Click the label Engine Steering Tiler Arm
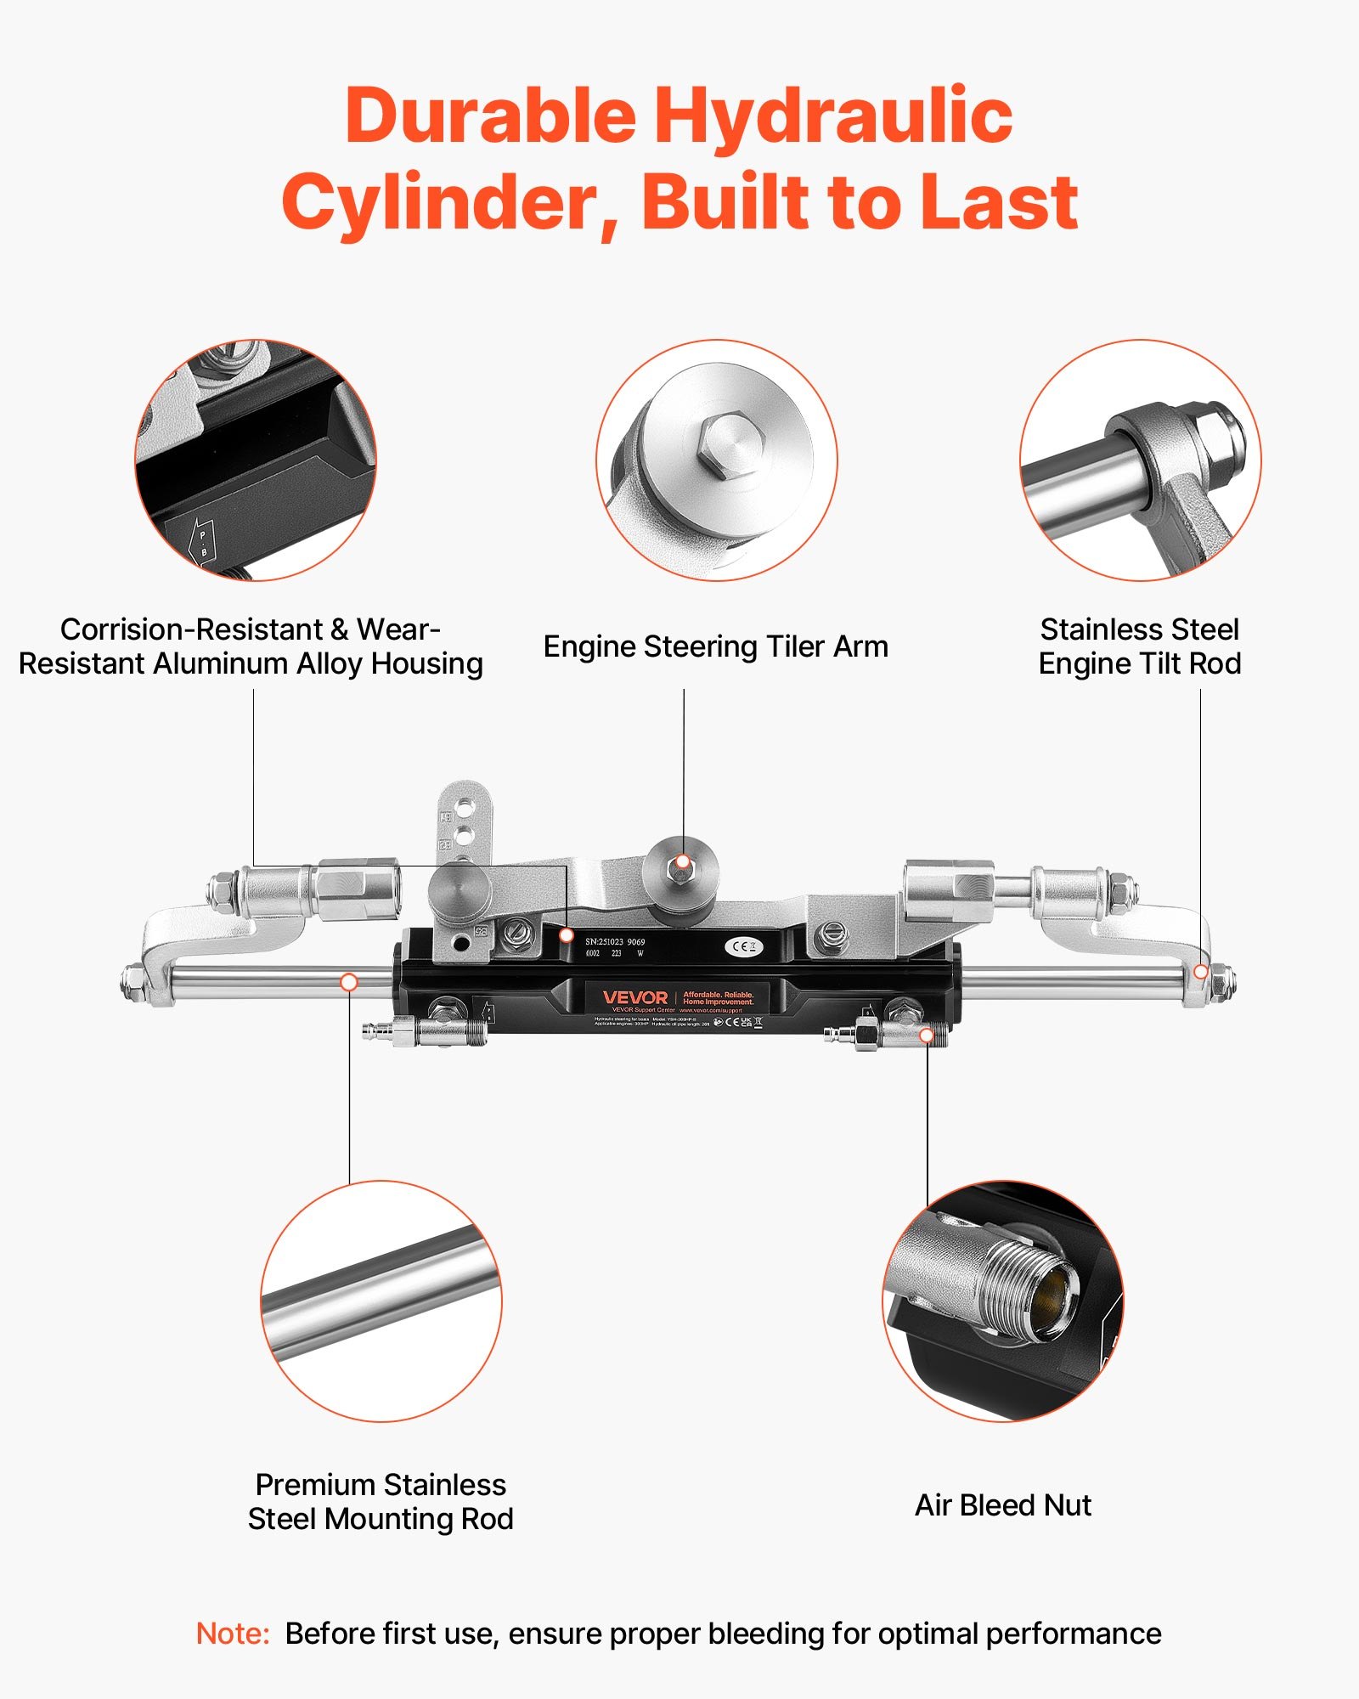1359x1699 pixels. pos(715,647)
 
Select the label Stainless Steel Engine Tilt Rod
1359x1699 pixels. pos(1139,646)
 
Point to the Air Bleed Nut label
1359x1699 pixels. pos(1002,1505)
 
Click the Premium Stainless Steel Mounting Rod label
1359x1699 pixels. pos(381,1502)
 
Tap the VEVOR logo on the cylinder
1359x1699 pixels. pos(635,997)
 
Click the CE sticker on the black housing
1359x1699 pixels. pos(744,946)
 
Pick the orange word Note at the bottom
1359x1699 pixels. pos(232,1634)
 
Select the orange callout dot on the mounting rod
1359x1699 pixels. pos(348,982)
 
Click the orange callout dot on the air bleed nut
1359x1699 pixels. pos(928,1036)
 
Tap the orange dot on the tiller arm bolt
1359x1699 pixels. pos(682,862)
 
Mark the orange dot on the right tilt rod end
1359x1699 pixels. pos(1200,971)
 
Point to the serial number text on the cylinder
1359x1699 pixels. pos(615,941)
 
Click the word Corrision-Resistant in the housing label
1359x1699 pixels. pos(192,629)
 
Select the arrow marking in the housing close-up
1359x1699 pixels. pos(203,541)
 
